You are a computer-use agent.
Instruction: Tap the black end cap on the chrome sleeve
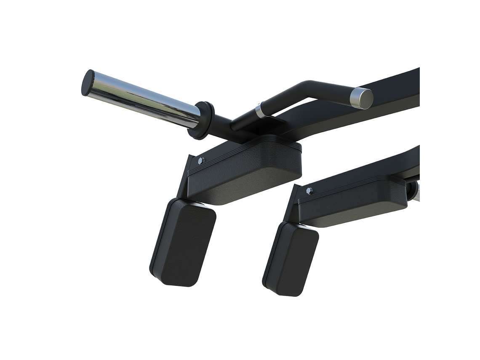88,83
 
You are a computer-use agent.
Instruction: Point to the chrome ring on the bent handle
260,111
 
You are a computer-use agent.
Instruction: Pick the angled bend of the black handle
307,86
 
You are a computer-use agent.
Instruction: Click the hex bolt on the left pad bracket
201,160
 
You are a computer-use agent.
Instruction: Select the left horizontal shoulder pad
248,168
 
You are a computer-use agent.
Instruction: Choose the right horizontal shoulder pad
354,202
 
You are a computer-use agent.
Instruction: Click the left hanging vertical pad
183,242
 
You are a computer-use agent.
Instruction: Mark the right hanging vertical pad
291,259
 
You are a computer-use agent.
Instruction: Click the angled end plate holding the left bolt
190,173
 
